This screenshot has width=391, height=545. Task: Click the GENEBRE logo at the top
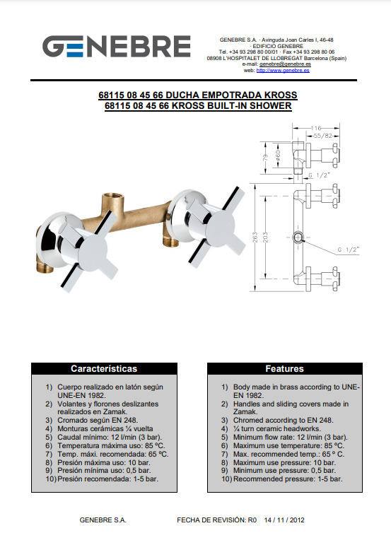click(x=117, y=46)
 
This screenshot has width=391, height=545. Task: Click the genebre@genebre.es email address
click(x=285, y=64)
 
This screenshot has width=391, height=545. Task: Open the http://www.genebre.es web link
click(x=283, y=70)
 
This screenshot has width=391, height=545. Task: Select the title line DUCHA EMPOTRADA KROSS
click(x=198, y=95)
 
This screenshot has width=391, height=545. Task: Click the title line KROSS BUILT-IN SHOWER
click(x=198, y=105)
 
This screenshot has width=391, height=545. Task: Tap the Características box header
click(x=104, y=369)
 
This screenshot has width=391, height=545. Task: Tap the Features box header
click(x=285, y=369)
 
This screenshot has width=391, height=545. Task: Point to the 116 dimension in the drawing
click(x=315, y=128)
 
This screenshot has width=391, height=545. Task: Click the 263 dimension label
click(x=255, y=238)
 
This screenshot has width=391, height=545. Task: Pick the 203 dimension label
click(x=266, y=238)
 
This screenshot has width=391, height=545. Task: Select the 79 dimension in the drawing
click(x=266, y=158)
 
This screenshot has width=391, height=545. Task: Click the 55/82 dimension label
click(x=322, y=136)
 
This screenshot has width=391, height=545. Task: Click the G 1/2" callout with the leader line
click(x=349, y=250)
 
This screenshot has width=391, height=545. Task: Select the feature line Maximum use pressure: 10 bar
click(x=284, y=462)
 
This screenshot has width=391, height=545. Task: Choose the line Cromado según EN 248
click(x=98, y=420)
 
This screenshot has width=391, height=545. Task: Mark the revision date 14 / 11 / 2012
click(x=284, y=520)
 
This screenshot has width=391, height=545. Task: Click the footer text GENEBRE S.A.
click(x=103, y=520)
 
